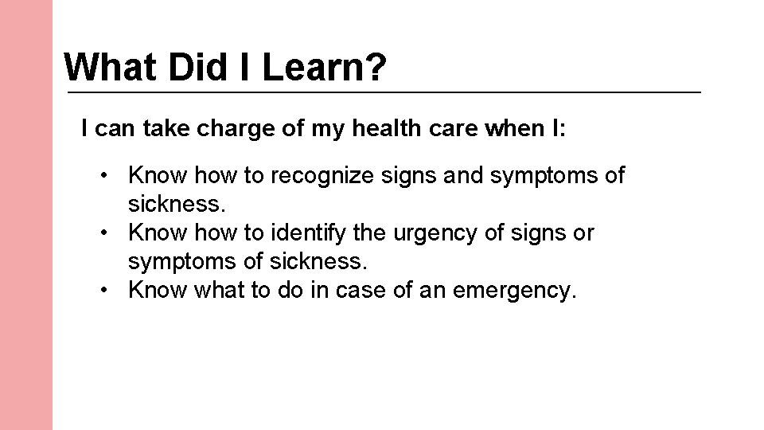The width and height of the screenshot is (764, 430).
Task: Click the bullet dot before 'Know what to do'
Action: [105, 291]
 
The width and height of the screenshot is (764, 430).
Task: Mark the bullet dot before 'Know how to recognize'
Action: [105, 174]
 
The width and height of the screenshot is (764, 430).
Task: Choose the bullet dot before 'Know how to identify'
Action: [105, 233]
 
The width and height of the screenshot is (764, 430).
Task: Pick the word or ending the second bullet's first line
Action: [583, 233]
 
